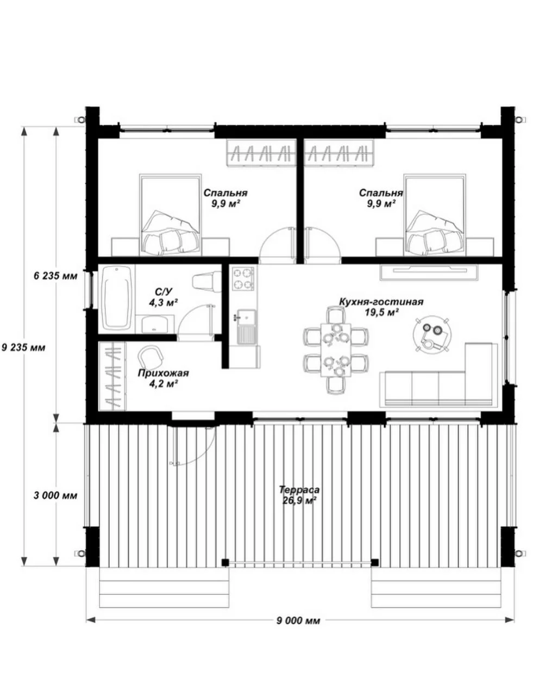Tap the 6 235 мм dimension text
[x=55, y=276]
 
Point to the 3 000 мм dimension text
[x=55, y=495]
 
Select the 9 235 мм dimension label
[x=23, y=347]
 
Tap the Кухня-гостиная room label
[x=381, y=302]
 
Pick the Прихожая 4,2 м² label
[x=163, y=378]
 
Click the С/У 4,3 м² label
[x=164, y=297]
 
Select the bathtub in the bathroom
[x=117, y=298]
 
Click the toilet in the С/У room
[x=207, y=282]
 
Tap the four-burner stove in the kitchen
[x=243, y=278]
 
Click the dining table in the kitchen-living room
[x=336, y=349]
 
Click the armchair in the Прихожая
[x=151, y=356]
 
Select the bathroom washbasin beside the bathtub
[x=155, y=324]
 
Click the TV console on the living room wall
[x=429, y=272]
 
